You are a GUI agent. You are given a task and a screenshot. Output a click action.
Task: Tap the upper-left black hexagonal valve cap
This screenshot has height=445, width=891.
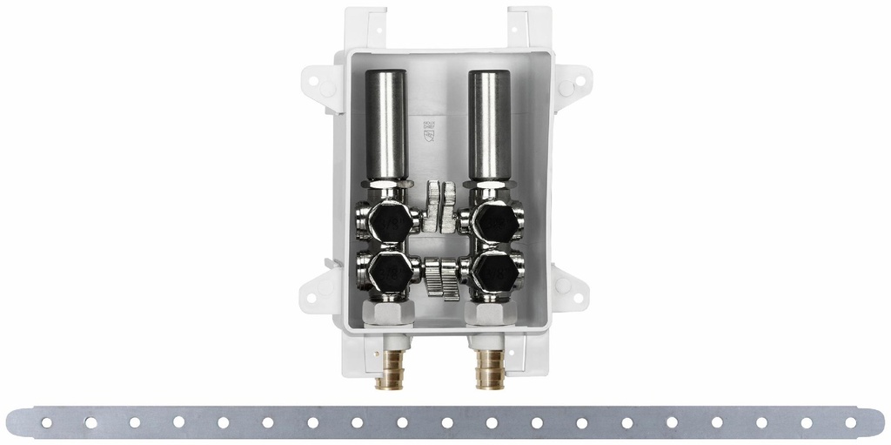pos(387,223)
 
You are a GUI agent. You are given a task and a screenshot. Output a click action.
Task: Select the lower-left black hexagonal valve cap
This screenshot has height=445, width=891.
pos(386,273)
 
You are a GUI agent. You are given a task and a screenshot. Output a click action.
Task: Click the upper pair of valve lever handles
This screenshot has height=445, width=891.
pos(441,206)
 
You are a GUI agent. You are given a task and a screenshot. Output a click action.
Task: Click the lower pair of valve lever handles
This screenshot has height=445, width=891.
pos(442,279)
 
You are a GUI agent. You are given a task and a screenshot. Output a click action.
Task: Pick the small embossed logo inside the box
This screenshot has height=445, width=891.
pos(427,131)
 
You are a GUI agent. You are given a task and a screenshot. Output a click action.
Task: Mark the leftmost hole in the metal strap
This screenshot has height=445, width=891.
pos(46,423)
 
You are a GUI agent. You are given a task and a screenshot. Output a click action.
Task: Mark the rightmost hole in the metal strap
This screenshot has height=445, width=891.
pos(850,422)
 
